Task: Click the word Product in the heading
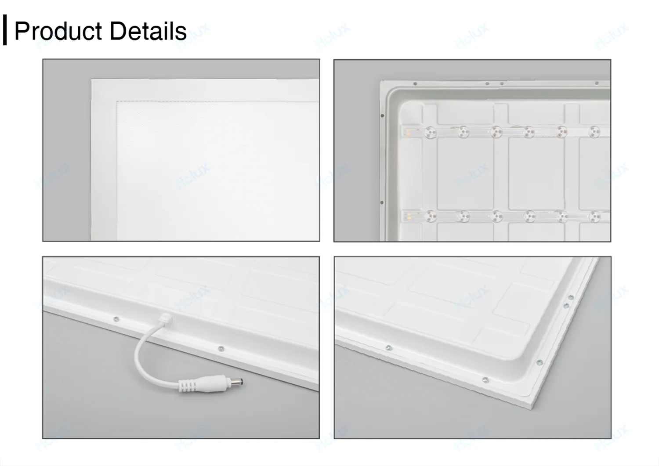pyautogui.click(x=58, y=31)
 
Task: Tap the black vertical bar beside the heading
pyautogui.click(x=5, y=30)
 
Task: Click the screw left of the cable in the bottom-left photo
pyautogui.click(x=116, y=319)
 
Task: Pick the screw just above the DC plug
pyautogui.click(x=221, y=349)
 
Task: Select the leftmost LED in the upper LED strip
pyautogui.click(x=430, y=132)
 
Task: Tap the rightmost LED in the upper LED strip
pyautogui.click(x=594, y=131)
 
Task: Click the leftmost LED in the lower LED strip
pyautogui.click(x=430, y=216)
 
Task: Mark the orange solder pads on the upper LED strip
pyautogui.click(x=408, y=131)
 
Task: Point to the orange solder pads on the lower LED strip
pyautogui.click(x=408, y=216)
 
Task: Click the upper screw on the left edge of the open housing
pyautogui.click(x=382, y=116)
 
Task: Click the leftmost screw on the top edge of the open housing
pyautogui.click(x=415, y=83)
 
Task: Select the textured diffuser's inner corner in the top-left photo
pyautogui.click(x=117, y=102)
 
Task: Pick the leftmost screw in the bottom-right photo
pyautogui.click(x=388, y=348)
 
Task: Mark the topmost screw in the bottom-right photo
pyautogui.click(x=571, y=297)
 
